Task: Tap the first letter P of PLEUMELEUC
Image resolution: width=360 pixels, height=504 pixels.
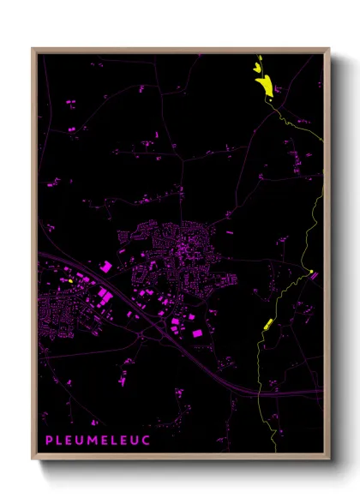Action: click(x=49, y=439)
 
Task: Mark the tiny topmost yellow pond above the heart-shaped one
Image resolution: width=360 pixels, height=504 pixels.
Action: click(x=260, y=57)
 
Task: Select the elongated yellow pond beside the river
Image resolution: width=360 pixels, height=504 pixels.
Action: click(x=267, y=323)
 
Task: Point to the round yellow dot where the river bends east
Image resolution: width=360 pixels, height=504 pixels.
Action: click(x=311, y=274)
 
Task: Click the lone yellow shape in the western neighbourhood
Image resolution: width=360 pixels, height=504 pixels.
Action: click(x=69, y=280)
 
